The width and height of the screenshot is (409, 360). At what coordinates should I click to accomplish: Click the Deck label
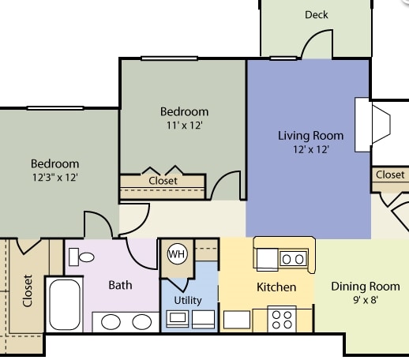coord(317,14)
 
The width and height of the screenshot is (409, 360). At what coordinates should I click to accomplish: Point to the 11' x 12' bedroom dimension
coord(184,125)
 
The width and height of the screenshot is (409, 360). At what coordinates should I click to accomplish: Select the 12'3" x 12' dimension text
coord(54,178)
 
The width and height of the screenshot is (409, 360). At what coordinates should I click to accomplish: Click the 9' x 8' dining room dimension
coord(365,300)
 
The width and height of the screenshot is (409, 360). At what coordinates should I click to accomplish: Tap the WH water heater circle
coord(177,254)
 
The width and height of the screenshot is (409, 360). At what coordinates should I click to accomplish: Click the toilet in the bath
coord(81,257)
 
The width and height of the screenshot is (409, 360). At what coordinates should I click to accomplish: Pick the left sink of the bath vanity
coord(111,322)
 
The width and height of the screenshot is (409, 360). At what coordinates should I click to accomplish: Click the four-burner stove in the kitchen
coord(282,319)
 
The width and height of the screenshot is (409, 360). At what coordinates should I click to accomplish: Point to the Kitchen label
coord(276,287)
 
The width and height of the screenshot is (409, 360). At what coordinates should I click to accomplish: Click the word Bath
coord(120,285)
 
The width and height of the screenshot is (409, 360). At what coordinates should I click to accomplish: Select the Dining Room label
coord(365,287)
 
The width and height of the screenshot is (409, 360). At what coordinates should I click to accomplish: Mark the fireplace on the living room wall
coord(373,123)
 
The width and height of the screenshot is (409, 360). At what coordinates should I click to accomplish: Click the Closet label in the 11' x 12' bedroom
coord(163,181)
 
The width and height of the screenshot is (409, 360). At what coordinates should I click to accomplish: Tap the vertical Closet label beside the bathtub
coord(28,291)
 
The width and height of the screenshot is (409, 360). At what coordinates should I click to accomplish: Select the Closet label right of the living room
coord(390,174)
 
